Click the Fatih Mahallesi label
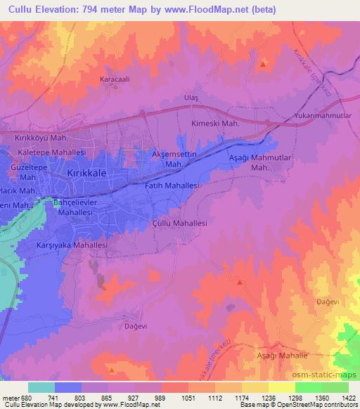tap(173, 186)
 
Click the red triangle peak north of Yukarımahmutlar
tap(263, 65)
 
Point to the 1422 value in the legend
tap(348, 397)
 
